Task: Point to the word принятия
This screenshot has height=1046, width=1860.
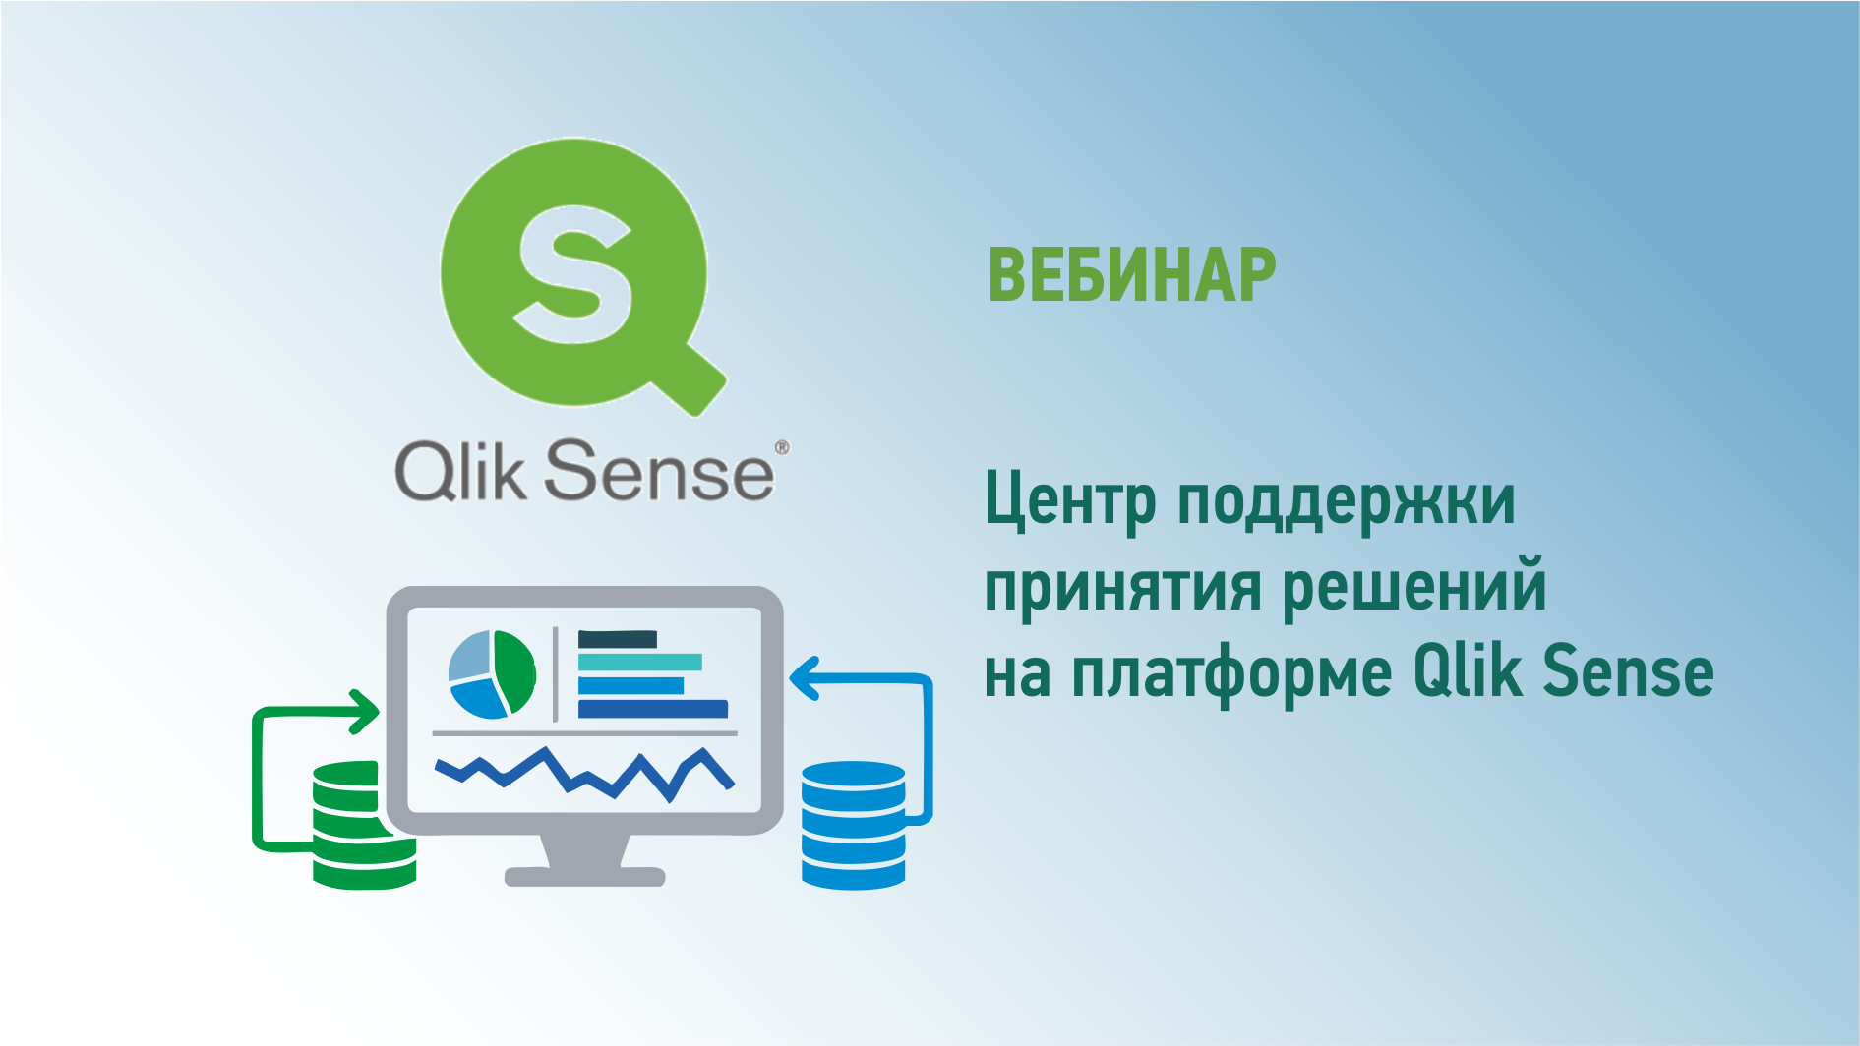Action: (1122, 588)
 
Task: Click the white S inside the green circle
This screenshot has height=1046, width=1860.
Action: (573, 273)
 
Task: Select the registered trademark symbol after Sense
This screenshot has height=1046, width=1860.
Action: (782, 447)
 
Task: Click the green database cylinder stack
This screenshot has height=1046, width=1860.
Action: (363, 825)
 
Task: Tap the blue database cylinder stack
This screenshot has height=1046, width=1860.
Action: (853, 825)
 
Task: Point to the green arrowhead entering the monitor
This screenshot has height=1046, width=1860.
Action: (366, 711)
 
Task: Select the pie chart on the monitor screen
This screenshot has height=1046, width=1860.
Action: (492, 674)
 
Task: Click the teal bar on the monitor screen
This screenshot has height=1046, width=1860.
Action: (639, 663)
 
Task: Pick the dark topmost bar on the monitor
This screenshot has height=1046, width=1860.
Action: (617, 639)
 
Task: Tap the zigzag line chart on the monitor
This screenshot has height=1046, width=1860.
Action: (585, 774)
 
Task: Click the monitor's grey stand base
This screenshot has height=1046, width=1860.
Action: (585, 876)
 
